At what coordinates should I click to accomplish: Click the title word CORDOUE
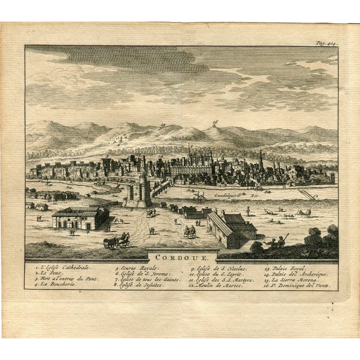[182, 258]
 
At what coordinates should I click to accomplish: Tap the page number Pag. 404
[327, 43]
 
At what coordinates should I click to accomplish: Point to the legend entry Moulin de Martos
[216, 285]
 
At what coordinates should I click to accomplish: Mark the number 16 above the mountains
[215, 122]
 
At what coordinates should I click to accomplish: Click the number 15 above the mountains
[163, 125]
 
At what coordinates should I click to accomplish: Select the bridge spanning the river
[161, 188]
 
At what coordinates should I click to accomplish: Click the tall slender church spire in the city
[261, 160]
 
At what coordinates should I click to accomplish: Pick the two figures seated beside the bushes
[276, 243]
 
